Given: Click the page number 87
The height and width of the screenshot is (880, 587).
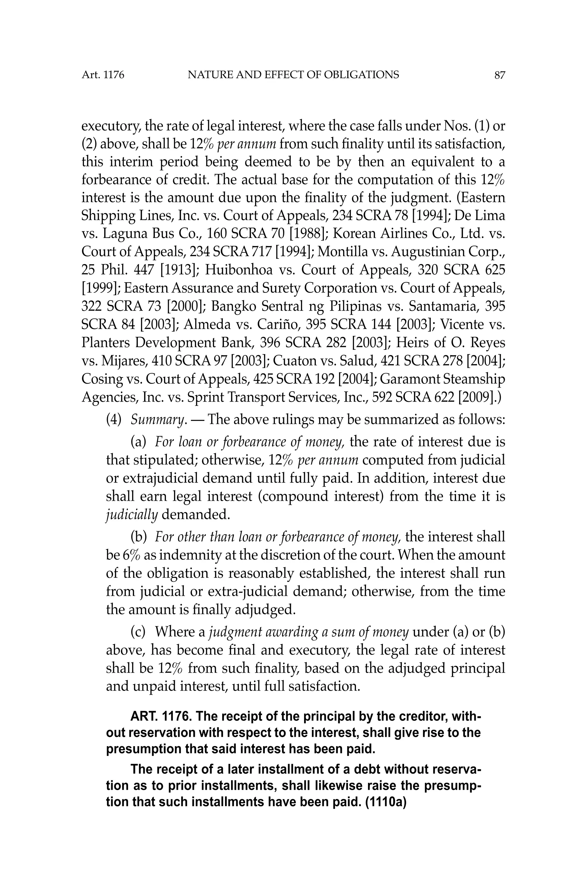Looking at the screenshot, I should tap(499, 75).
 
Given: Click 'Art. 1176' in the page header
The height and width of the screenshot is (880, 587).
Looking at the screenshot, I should tap(103, 75).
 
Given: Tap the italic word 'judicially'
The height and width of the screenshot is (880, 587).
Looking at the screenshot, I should tap(132, 515).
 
